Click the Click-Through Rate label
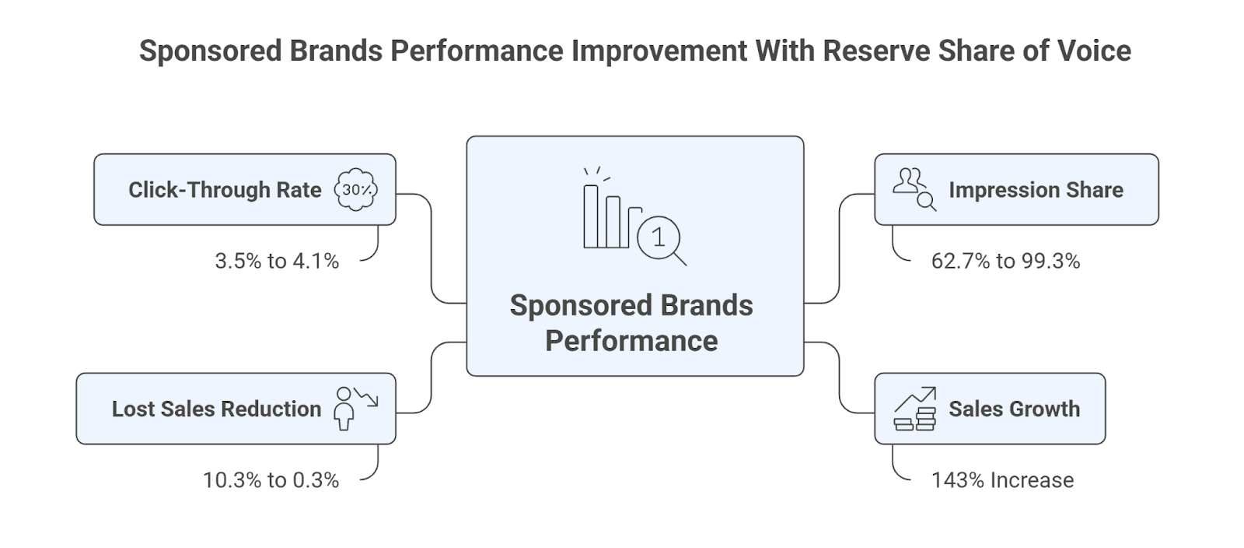[x=225, y=190]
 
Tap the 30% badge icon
[x=356, y=190]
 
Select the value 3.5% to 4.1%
[x=277, y=261]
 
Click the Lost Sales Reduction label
[x=216, y=409]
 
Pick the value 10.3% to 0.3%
[x=271, y=480]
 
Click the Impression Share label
[x=1036, y=190]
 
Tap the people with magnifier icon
[x=914, y=189]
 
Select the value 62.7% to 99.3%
[x=1005, y=261]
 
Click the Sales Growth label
[x=1014, y=409]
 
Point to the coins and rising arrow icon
[x=914, y=409]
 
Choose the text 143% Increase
[x=1002, y=480]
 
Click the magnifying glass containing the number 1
[x=659, y=237]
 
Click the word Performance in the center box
[x=631, y=341]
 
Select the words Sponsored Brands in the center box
[x=631, y=306]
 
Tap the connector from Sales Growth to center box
[x=840, y=378]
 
